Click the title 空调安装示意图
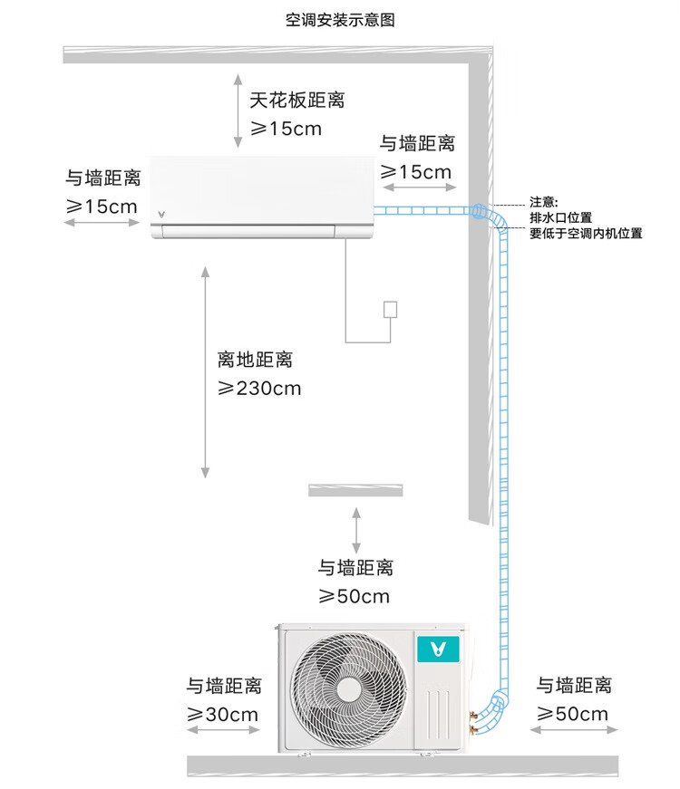coord(340,19)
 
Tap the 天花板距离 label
coord(297,100)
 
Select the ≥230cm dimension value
coord(259,389)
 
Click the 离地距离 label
coord(255,361)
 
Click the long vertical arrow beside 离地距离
coord(206,371)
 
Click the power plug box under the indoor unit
coord(391,309)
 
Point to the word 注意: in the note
coord(544,202)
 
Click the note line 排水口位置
coord(560,217)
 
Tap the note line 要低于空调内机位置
coord(586,233)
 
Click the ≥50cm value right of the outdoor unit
coord(572,715)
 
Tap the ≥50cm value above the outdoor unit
coord(354,596)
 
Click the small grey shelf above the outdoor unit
coord(355,490)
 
